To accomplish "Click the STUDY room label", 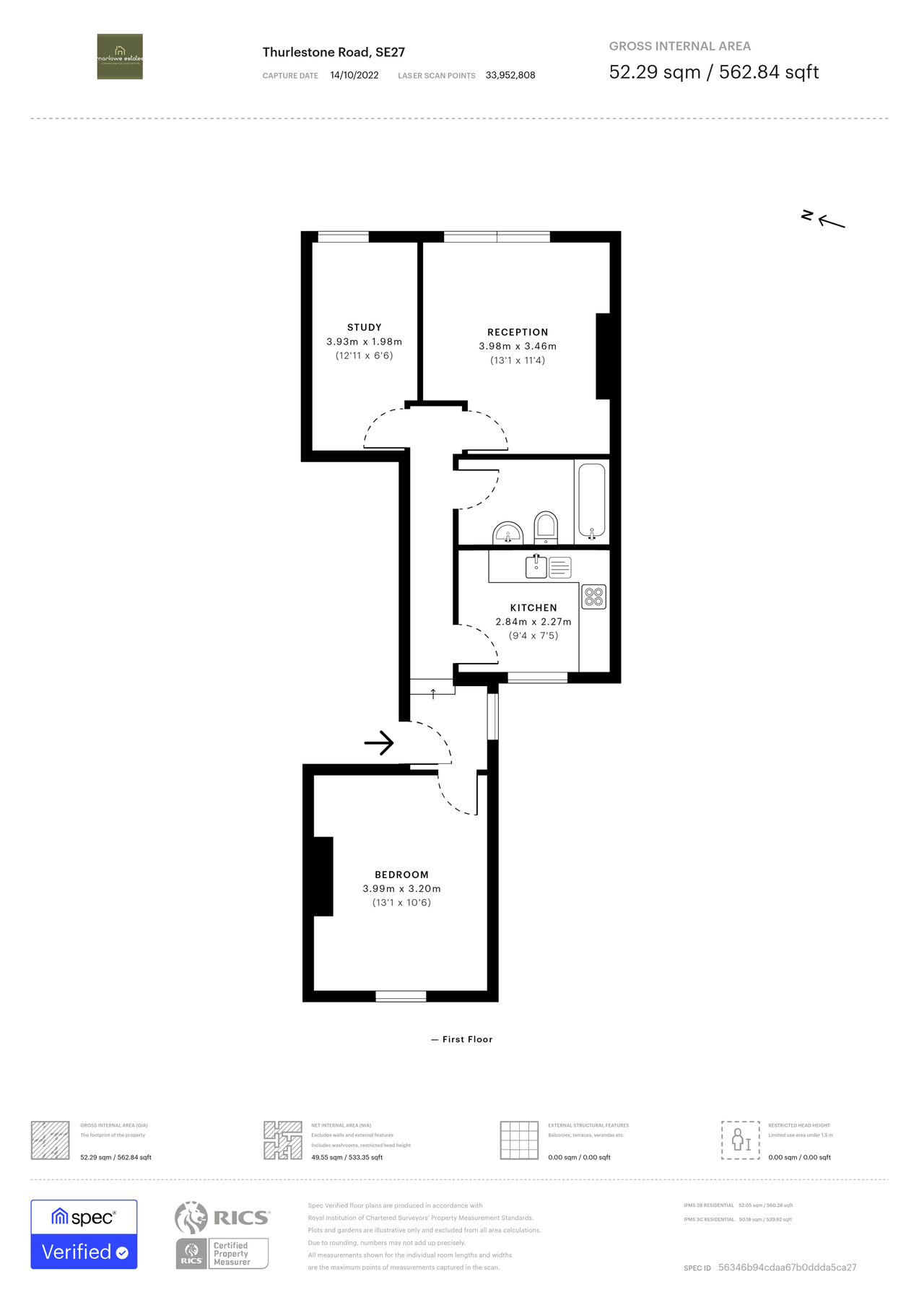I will (364, 327).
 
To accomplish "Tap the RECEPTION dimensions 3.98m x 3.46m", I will (518, 346).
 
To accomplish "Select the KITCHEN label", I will (533, 607).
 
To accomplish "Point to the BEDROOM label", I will (401, 875).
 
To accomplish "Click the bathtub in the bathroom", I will (592, 500).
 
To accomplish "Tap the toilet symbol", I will (546, 527).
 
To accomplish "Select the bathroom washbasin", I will (508, 534).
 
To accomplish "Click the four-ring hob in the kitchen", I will (594, 597).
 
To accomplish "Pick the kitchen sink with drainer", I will (548, 568).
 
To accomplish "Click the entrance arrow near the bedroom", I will (379, 742).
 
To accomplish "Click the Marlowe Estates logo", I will (120, 56).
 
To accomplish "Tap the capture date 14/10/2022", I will (354, 75).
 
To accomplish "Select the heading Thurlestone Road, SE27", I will (334, 52).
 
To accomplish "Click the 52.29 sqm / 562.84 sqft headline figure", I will (713, 72).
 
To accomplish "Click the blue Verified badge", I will (84, 1252).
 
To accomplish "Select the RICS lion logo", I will (191, 1218).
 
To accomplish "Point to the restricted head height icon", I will (741, 1140).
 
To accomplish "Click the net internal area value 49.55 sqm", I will (328, 1157).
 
